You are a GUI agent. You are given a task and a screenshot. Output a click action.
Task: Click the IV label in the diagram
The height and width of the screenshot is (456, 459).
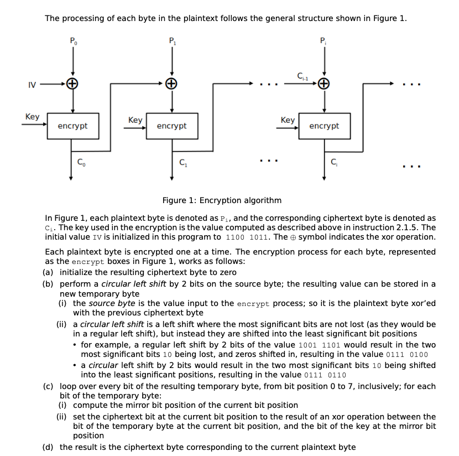(32, 85)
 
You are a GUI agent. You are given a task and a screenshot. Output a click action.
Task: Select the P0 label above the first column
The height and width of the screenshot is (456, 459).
(73, 40)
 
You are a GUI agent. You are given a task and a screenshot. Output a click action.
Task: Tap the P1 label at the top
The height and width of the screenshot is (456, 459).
(172, 40)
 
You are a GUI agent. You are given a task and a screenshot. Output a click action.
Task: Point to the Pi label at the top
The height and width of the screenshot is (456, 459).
(324, 40)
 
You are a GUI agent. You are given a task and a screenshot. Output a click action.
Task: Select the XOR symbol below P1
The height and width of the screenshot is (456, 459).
(172, 84)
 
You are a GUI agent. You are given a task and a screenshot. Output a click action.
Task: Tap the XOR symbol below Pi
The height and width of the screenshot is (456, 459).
(324, 84)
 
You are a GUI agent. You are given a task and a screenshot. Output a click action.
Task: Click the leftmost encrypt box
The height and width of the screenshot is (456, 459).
(72, 126)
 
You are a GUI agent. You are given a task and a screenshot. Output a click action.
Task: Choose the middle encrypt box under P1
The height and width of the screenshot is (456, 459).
(171, 126)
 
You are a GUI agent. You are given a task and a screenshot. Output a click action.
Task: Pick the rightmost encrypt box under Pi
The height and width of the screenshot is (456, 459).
(324, 126)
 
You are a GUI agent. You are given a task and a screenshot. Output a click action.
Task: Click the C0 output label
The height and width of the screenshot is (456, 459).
(81, 162)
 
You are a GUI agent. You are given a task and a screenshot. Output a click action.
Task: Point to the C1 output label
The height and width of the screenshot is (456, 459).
(183, 162)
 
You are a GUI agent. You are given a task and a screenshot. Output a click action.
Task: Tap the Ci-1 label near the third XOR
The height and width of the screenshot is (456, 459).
(302, 76)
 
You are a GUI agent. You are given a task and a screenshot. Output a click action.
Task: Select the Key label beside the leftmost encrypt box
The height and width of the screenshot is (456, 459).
(32, 117)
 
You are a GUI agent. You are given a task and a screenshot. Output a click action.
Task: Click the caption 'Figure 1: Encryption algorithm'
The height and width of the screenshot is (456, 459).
(222, 200)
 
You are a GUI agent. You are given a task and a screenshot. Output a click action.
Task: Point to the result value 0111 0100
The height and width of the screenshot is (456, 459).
(406, 355)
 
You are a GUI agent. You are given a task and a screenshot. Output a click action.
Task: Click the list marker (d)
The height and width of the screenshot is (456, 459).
(49, 447)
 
